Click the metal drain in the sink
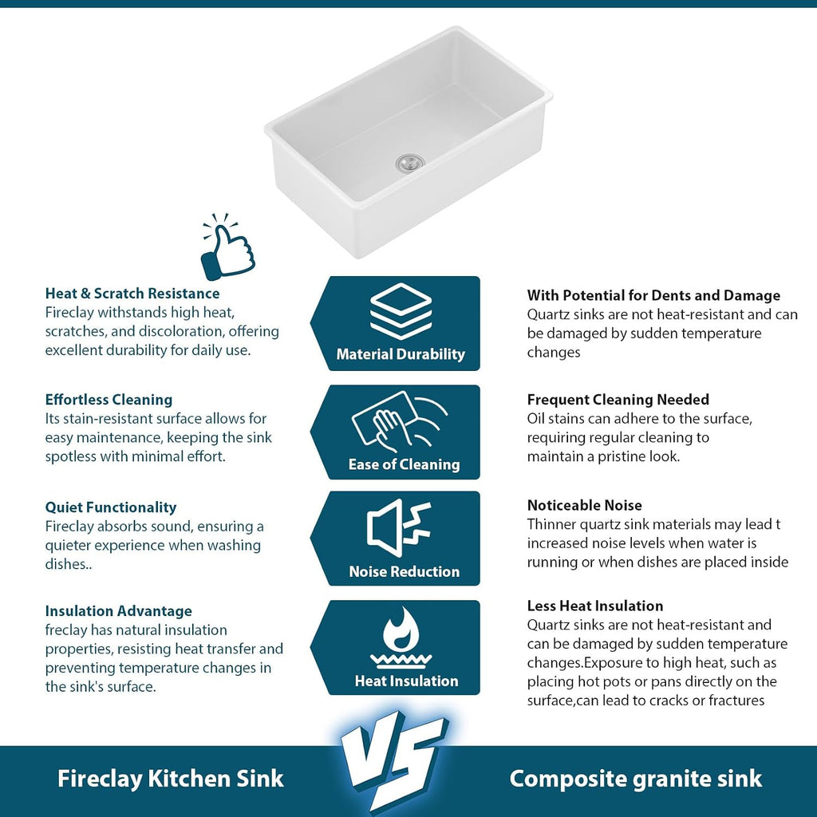pyautogui.click(x=410, y=162)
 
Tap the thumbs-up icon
pyautogui.click(x=227, y=247)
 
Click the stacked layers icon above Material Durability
pyautogui.click(x=401, y=312)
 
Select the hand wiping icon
pyautogui.click(x=399, y=421)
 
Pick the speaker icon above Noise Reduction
pyautogui.click(x=399, y=528)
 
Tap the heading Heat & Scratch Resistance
pyautogui.click(x=132, y=294)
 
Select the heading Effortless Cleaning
pyautogui.click(x=109, y=400)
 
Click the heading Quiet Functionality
pyautogui.click(x=111, y=507)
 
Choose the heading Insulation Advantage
pyautogui.click(x=119, y=610)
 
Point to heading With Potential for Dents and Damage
pyautogui.click(x=654, y=295)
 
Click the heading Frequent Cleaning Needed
pyautogui.click(x=618, y=400)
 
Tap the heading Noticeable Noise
pyautogui.click(x=585, y=505)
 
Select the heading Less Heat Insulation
pyautogui.click(x=595, y=606)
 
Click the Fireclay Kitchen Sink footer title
pyautogui.click(x=171, y=779)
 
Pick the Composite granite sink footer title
pyautogui.click(x=636, y=779)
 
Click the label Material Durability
pyautogui.click(x=401, y=354)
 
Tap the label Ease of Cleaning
pyautogui.click(x=405, y=464)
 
